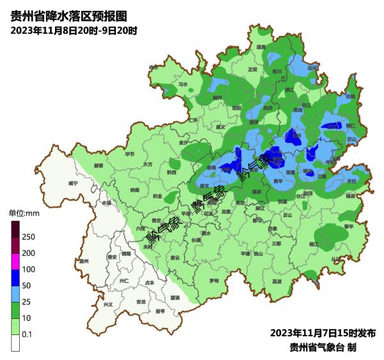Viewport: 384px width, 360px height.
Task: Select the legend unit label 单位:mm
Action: (x=24, y=213)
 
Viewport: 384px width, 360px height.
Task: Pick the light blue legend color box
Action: (x=15, y=294)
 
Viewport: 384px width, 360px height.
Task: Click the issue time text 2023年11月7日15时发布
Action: (x=322, y=333)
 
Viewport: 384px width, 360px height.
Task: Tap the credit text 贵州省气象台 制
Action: (x=323, y=347)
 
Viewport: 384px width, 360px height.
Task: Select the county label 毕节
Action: (x=130, y=154)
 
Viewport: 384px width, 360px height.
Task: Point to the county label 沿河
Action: (x=312, y=67)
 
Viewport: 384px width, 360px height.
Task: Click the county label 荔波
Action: (x=276, y=281)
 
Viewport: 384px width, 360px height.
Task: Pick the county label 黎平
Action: (x=349, y=225)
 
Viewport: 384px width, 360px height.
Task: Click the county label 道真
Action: (x=260, y=47)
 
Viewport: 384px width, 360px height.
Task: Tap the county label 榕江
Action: (x=313, y=244)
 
